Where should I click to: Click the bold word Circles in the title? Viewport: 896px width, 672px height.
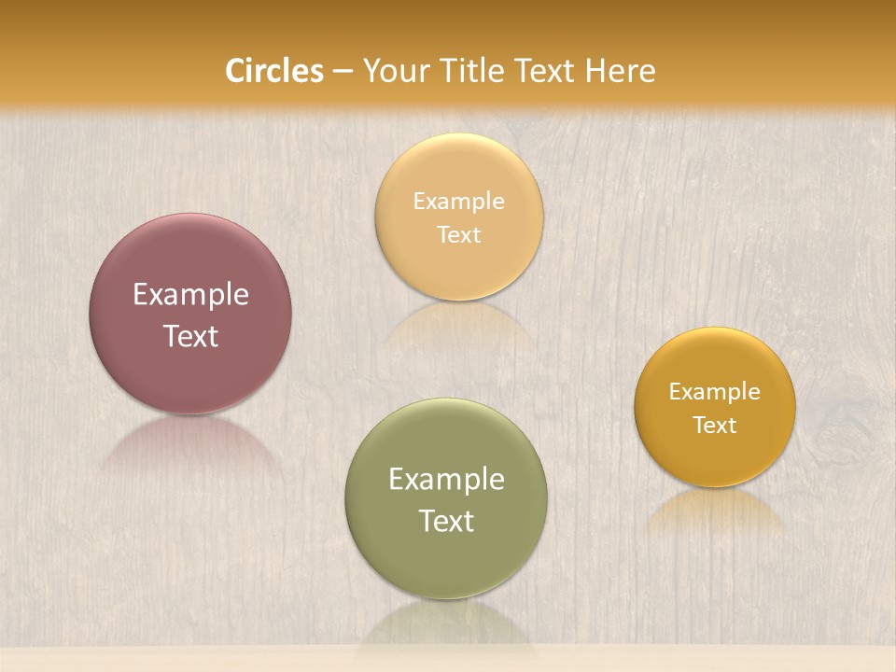(x=273, y=71)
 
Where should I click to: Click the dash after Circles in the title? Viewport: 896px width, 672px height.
(x=343, y=72)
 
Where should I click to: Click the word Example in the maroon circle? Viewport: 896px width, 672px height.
(x=190, y=295)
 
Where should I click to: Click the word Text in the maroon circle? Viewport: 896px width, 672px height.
(x=190, y=336)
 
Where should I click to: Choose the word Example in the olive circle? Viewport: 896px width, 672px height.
(x=446, y=480)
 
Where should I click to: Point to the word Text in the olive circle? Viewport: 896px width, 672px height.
(x=446, y=521)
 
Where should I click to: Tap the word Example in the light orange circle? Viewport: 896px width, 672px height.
(x=459, y=202)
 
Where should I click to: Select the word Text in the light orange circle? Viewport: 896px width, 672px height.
(x=459, y=234)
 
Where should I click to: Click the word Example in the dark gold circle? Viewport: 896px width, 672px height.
(x=715, y=392)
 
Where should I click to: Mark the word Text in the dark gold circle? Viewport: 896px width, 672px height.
(x=715, y=425)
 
